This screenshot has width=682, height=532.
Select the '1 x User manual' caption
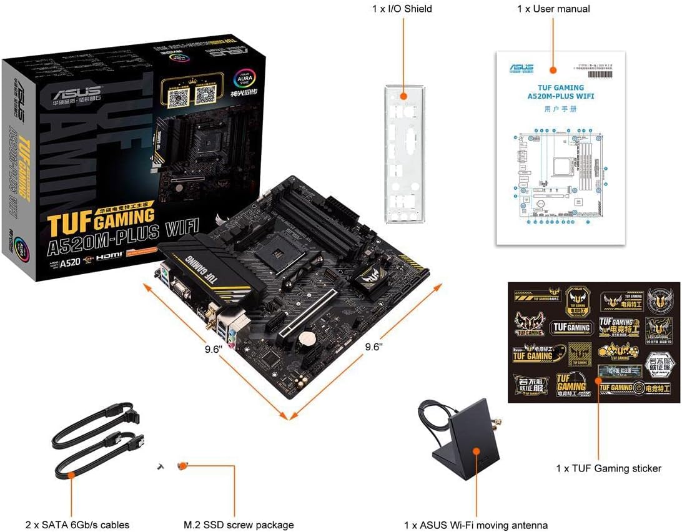coord(553,9)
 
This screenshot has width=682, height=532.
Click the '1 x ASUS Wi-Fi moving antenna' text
coord(476,525)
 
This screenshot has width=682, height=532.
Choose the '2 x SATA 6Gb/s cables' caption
coord(78,525)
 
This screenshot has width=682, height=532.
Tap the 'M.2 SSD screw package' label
coord(239,525)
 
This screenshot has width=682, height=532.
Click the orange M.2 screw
coord(182,465)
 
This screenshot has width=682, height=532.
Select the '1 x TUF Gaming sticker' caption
coord(608,468)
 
